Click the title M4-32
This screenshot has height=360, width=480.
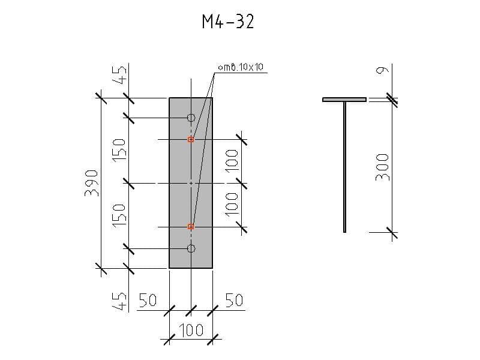pyautogui.click(x=228, y=22)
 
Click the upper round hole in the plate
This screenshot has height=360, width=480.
pyautogui.click(x=191, y=118)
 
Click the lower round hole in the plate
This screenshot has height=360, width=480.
pyautogui.click(x=191, y=248)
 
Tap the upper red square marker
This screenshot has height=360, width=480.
pyautogui.click(x=191, y=139)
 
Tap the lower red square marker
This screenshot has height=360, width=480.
pyautogui.click(x=191, y=227)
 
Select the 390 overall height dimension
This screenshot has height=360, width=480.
pyautogui.click(x=92, y=182)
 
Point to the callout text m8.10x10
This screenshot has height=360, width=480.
pyautogui.click(x=241, y=67)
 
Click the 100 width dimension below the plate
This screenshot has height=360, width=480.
pyautogui.click(x=191, y=330)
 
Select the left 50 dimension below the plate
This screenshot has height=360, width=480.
pyautogui.click(x=148, y=300)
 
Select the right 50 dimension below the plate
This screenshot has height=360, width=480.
pyautogui.click(x=234, y=300)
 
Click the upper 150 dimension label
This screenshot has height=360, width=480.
pyautogui.click(x=119, y=149)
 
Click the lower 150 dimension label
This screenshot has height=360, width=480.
pyautogui.click(x=119, y=214)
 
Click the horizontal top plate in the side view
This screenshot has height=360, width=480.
pyautogui.click(x=344, y=100)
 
